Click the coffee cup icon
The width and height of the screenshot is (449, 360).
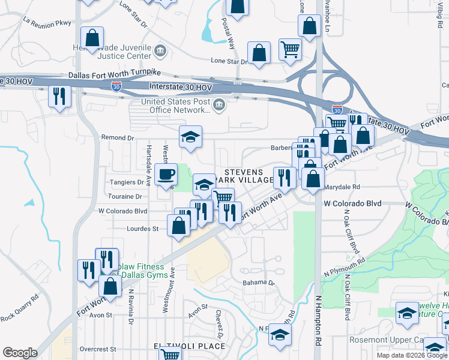pyautogui.click(x=166, y=175)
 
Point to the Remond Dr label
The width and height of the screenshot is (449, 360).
pyautogui.click(x=116, y=137)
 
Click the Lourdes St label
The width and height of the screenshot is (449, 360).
pyautogui.click(x=142, y=229)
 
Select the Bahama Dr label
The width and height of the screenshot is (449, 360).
pyautogui.click(x=258, y=282)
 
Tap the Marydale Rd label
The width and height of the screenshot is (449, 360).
pyautogui.click(x=342, y=187)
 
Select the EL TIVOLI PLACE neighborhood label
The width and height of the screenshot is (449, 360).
pyautogui.click(x=189, y=346)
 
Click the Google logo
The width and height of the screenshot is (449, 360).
pyautogui.click(x=20, y=352)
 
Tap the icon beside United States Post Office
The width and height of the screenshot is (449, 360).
pyautogui.click(x=219, y=105)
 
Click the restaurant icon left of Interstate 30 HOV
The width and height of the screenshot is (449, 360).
pyautogui.click(x=59, y=96)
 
